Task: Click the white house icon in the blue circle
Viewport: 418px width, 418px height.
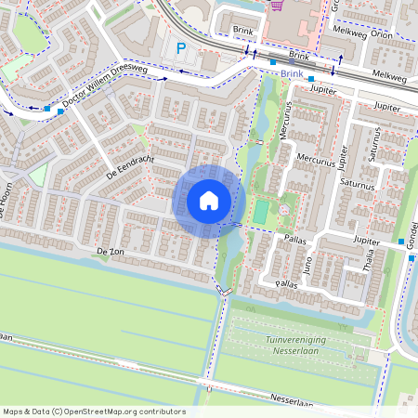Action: tap(209, 200)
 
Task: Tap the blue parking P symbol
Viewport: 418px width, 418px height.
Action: tap(181, 48)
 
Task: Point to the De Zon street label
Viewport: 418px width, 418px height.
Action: tap(110, 252)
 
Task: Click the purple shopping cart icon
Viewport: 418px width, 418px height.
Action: tap(276, 5)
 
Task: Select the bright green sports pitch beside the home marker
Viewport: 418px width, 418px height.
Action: tap(262, 212)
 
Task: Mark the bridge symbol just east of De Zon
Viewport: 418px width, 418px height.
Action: tap(224, 291)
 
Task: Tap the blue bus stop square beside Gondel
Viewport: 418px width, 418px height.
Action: tap(411, 258)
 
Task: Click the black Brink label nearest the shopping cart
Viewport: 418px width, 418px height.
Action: tap(242, 31)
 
